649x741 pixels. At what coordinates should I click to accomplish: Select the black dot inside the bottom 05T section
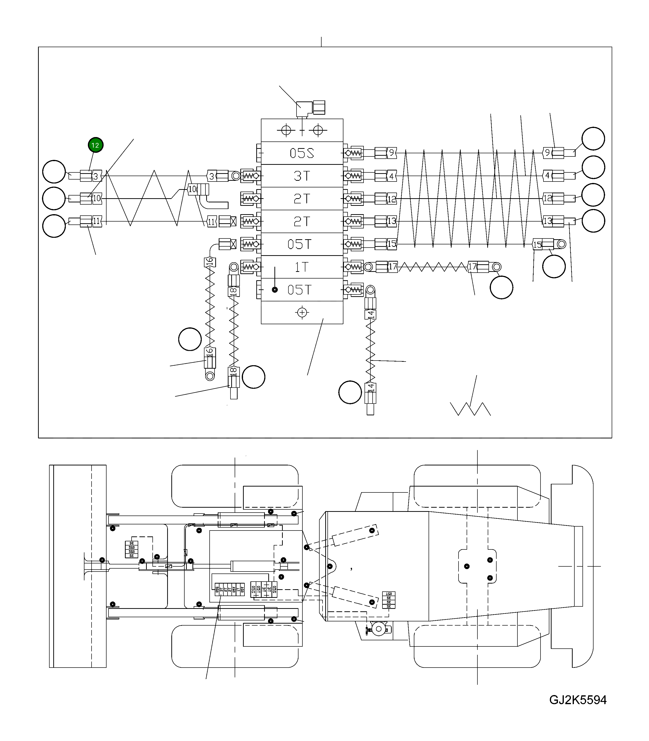[275, 290]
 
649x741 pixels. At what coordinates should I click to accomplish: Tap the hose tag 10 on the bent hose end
[192, 189]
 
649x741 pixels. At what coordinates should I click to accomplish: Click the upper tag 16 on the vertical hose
[210, 262]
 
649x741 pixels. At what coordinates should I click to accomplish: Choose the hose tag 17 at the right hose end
[473, 267]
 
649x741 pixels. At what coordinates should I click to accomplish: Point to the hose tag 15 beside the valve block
[392, 244]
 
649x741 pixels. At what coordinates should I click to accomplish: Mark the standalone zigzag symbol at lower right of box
[470, 409]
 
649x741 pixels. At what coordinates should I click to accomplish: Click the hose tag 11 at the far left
[97, 221]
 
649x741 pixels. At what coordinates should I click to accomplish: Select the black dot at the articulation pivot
[330, 566]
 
